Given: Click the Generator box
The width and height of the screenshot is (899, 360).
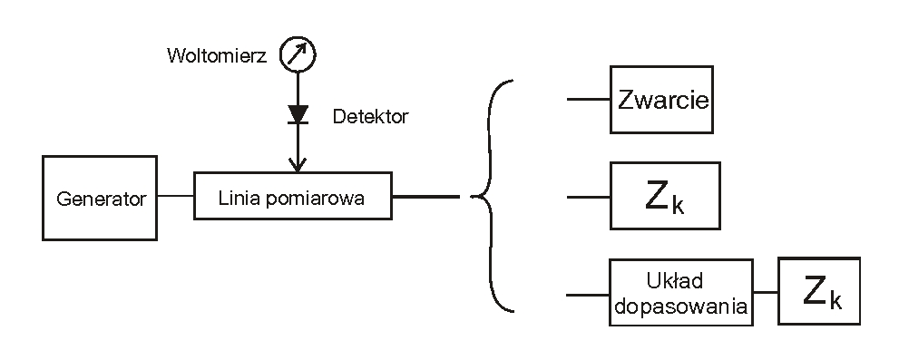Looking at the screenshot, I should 100,198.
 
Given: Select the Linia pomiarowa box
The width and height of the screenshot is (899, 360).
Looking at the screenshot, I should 293,196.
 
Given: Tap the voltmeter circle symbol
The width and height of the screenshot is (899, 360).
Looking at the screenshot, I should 297,56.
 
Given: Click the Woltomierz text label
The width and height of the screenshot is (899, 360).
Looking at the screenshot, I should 216,56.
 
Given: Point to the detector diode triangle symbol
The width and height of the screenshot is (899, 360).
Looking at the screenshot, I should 297,114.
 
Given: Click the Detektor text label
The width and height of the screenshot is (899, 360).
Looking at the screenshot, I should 370,116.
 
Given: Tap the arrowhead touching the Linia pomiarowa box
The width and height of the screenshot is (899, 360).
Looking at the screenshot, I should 297,164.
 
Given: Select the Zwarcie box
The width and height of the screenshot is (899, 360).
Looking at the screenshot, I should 661,100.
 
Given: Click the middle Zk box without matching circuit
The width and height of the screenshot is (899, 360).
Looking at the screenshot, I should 665,196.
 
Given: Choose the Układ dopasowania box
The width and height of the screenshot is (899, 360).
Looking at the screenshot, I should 680,291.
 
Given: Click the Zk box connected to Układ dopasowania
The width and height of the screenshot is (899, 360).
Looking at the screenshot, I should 819,291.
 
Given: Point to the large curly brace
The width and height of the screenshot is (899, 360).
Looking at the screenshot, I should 493,196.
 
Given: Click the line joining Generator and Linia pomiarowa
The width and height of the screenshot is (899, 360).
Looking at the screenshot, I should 176,196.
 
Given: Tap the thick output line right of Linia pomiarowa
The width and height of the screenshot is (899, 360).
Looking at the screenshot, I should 425,196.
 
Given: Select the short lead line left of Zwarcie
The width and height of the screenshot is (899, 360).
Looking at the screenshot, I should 588,100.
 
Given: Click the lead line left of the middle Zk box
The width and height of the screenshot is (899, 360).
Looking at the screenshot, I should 588,196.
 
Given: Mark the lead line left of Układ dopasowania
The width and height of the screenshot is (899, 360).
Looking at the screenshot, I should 588,294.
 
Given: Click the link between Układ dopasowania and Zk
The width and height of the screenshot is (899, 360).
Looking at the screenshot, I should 766,292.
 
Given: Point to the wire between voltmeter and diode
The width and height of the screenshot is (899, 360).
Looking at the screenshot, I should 297,88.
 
